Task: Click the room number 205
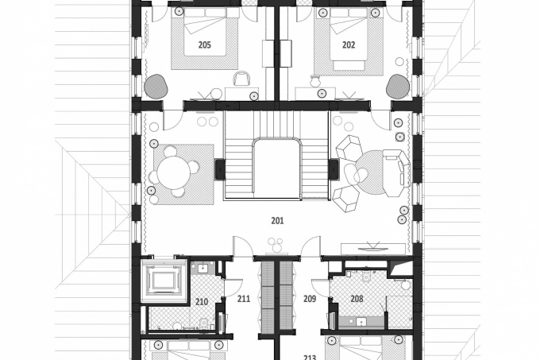pos(205,45)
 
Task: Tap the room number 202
pos(349,45)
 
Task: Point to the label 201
pos(277,220)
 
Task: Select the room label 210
pos(202,302)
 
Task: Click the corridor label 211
pos(244,299)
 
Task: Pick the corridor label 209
pos(310,299)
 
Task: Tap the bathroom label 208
pos(357,299)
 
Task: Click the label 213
pos(310,358)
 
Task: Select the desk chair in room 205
pos(241,78)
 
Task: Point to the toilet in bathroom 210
pos(203,322)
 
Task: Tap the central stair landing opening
pos(277,168)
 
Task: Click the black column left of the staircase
pos(220,168)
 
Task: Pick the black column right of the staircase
pos(334,168)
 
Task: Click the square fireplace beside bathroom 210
pos(164,281)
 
